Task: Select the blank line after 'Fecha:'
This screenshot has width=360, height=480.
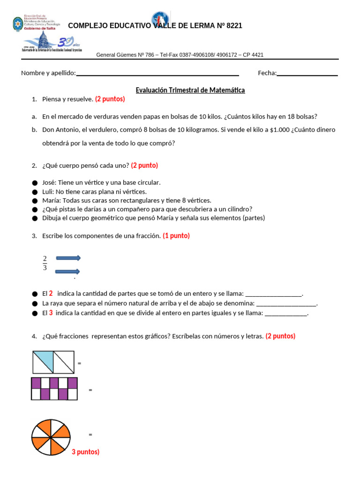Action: [307, 74]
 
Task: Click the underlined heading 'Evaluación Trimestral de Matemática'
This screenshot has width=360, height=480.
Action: [190, 90]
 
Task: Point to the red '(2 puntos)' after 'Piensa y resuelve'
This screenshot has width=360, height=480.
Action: [110, 99]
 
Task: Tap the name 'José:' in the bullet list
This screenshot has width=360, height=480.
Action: [49, 182]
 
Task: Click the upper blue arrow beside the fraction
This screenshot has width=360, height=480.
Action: [68, 258]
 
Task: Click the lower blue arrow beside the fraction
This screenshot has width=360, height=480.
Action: [68, 271]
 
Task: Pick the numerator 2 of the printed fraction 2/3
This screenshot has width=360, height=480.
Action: [45, 258]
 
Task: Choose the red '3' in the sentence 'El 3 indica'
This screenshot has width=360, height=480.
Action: [51, 313]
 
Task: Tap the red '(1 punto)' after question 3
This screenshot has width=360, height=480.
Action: [176, 236]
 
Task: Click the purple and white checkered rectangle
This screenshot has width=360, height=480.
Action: [54, 389]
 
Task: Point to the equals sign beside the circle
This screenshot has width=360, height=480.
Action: [90, 435]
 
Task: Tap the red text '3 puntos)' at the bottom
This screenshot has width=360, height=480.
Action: [85, 452]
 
